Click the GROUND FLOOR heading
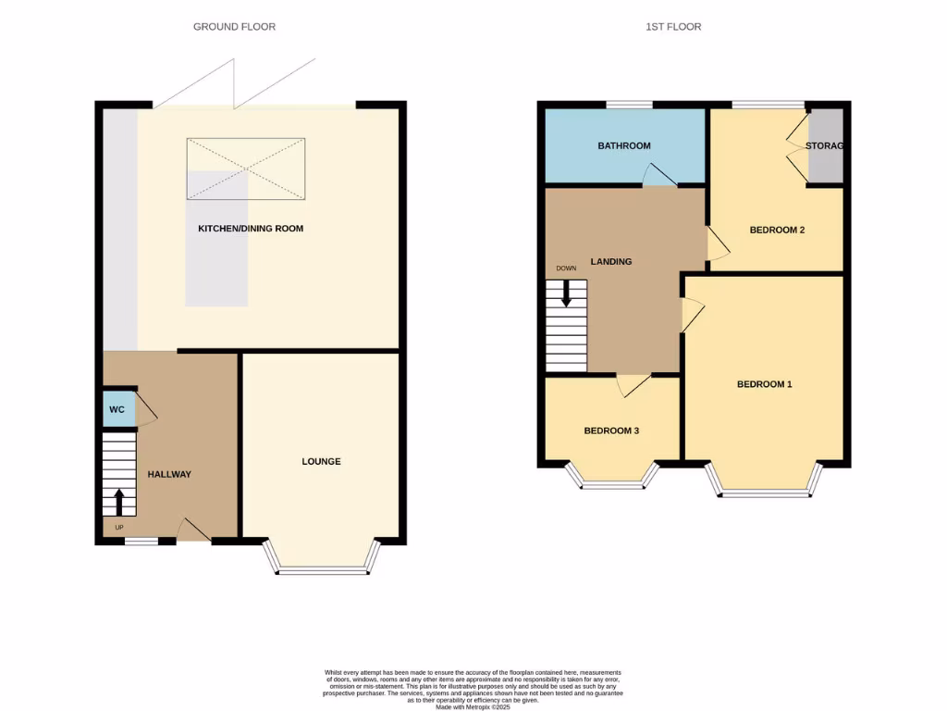(x=234, y=27)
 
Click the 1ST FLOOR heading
(x=673, y=27)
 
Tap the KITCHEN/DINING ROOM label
(x=251, y=229)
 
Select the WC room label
(x=117, y=410)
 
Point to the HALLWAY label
(x=169, y=475)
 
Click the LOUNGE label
(x=321, y=461)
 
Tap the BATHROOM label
(x=623, y=146)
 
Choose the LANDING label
(x=611, y=262)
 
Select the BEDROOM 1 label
(x=764, y=384)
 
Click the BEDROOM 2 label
(x=777, y=230)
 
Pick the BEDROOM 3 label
(x=611, y=430)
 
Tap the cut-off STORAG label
(x=825, y=146)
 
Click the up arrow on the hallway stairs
(x=118, y=502)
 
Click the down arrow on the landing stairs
(x=566, y=295)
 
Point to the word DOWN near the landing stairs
(x=566, y=268)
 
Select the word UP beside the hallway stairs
(x=118, y=528)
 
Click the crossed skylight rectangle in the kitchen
(x=246, y=168)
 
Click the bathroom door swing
(x=658, y=175)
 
